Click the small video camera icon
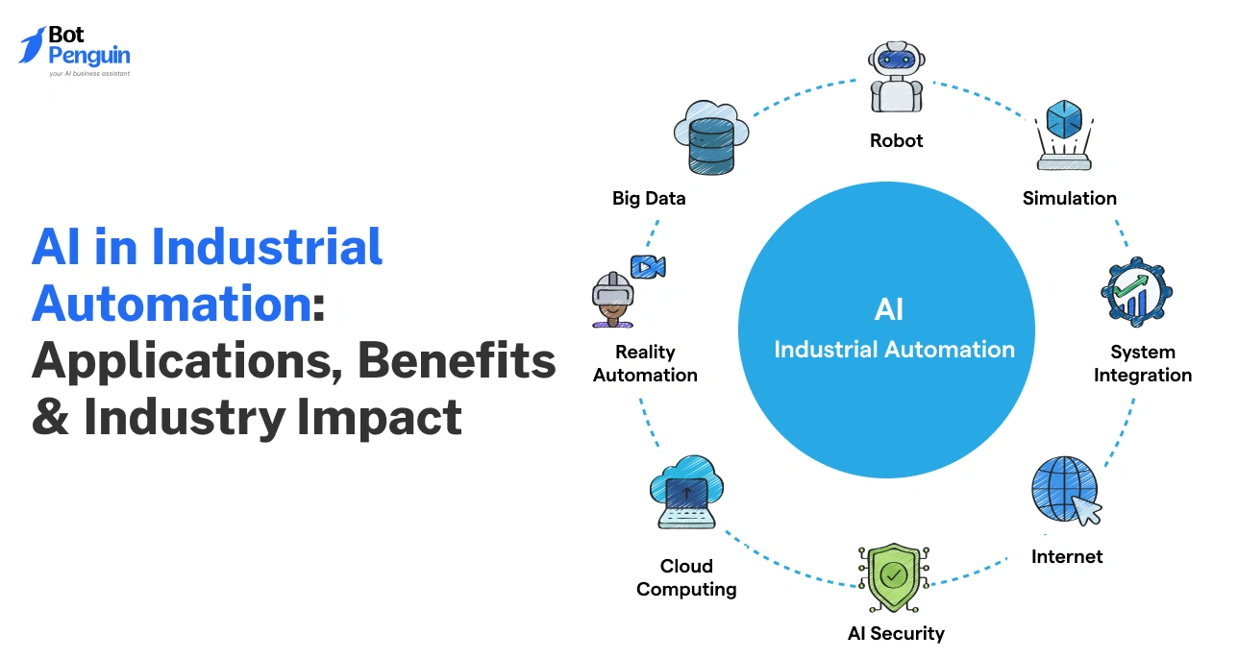[648, 266]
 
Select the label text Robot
[896, 140]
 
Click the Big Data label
[649, 199]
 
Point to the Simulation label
[1069, 199]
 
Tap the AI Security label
[896, 633]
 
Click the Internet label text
[1067, 556]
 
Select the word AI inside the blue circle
[889, 309]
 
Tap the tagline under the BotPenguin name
[88, 73]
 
